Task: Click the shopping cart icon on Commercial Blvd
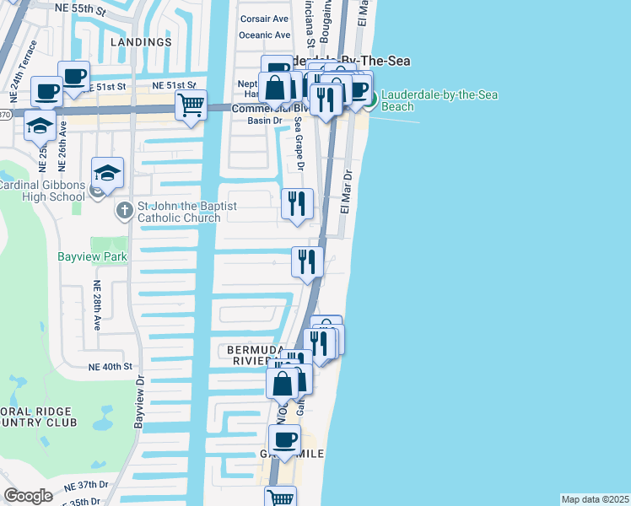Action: pyautogui.click(x=191, y=106)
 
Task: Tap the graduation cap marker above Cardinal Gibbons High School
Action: pyautogui.click(x=107, y=174)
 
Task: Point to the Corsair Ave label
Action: pyautogui.click(x=264, y=19)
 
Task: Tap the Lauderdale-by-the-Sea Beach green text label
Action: pyautogui.click(x=439, y=100)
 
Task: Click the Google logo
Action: pyautogui.click(x=28, y=496)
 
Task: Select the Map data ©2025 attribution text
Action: pyautogui.click(x=595, y=499)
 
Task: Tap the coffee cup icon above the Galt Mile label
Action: pyautogui.click(x=284, y=439)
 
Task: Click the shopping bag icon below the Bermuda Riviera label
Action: pyautogui.click(x=282, y=383)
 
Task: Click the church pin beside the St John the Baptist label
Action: pyautogui.click(x=124, y=207)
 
